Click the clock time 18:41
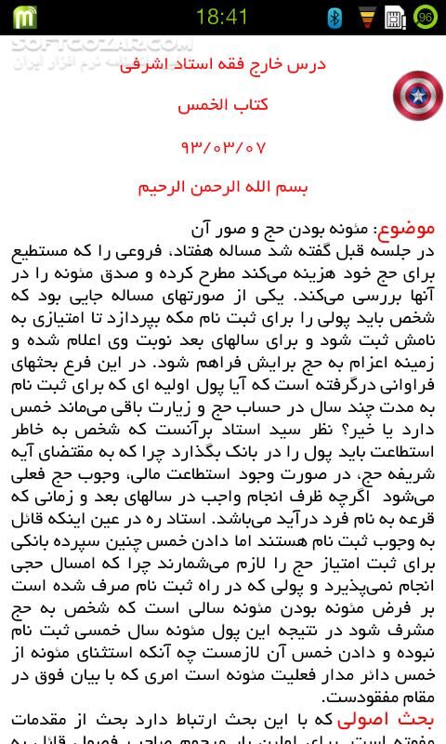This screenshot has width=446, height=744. (x=222, y=16)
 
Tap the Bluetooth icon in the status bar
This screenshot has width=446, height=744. (x=335, y=17)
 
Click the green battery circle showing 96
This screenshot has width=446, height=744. (x=426, y=17)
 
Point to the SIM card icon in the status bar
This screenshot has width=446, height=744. (x=395, y=17)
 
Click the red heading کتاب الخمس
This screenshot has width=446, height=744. (x=223, y=104)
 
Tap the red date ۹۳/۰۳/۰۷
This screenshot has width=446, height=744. (x=223, y=146)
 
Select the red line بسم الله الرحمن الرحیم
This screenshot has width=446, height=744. (x=223, y=186)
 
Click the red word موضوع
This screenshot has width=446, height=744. (x=407, y=228)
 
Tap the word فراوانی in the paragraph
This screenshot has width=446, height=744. (x=409, y=385)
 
